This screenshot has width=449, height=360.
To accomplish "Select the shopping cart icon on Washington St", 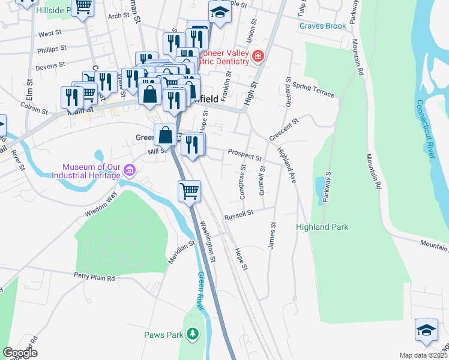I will coord(189,191).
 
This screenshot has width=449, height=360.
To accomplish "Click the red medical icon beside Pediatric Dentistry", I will coord(258,56).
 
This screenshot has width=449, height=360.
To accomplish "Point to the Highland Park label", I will coord(322,227).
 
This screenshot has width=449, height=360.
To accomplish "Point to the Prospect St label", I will coord(244,155).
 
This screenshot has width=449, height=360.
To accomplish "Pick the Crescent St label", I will coord(283,130).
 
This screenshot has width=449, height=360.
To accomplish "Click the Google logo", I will coord(20,353).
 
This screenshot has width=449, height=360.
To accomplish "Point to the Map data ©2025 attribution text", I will coord(423,355).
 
